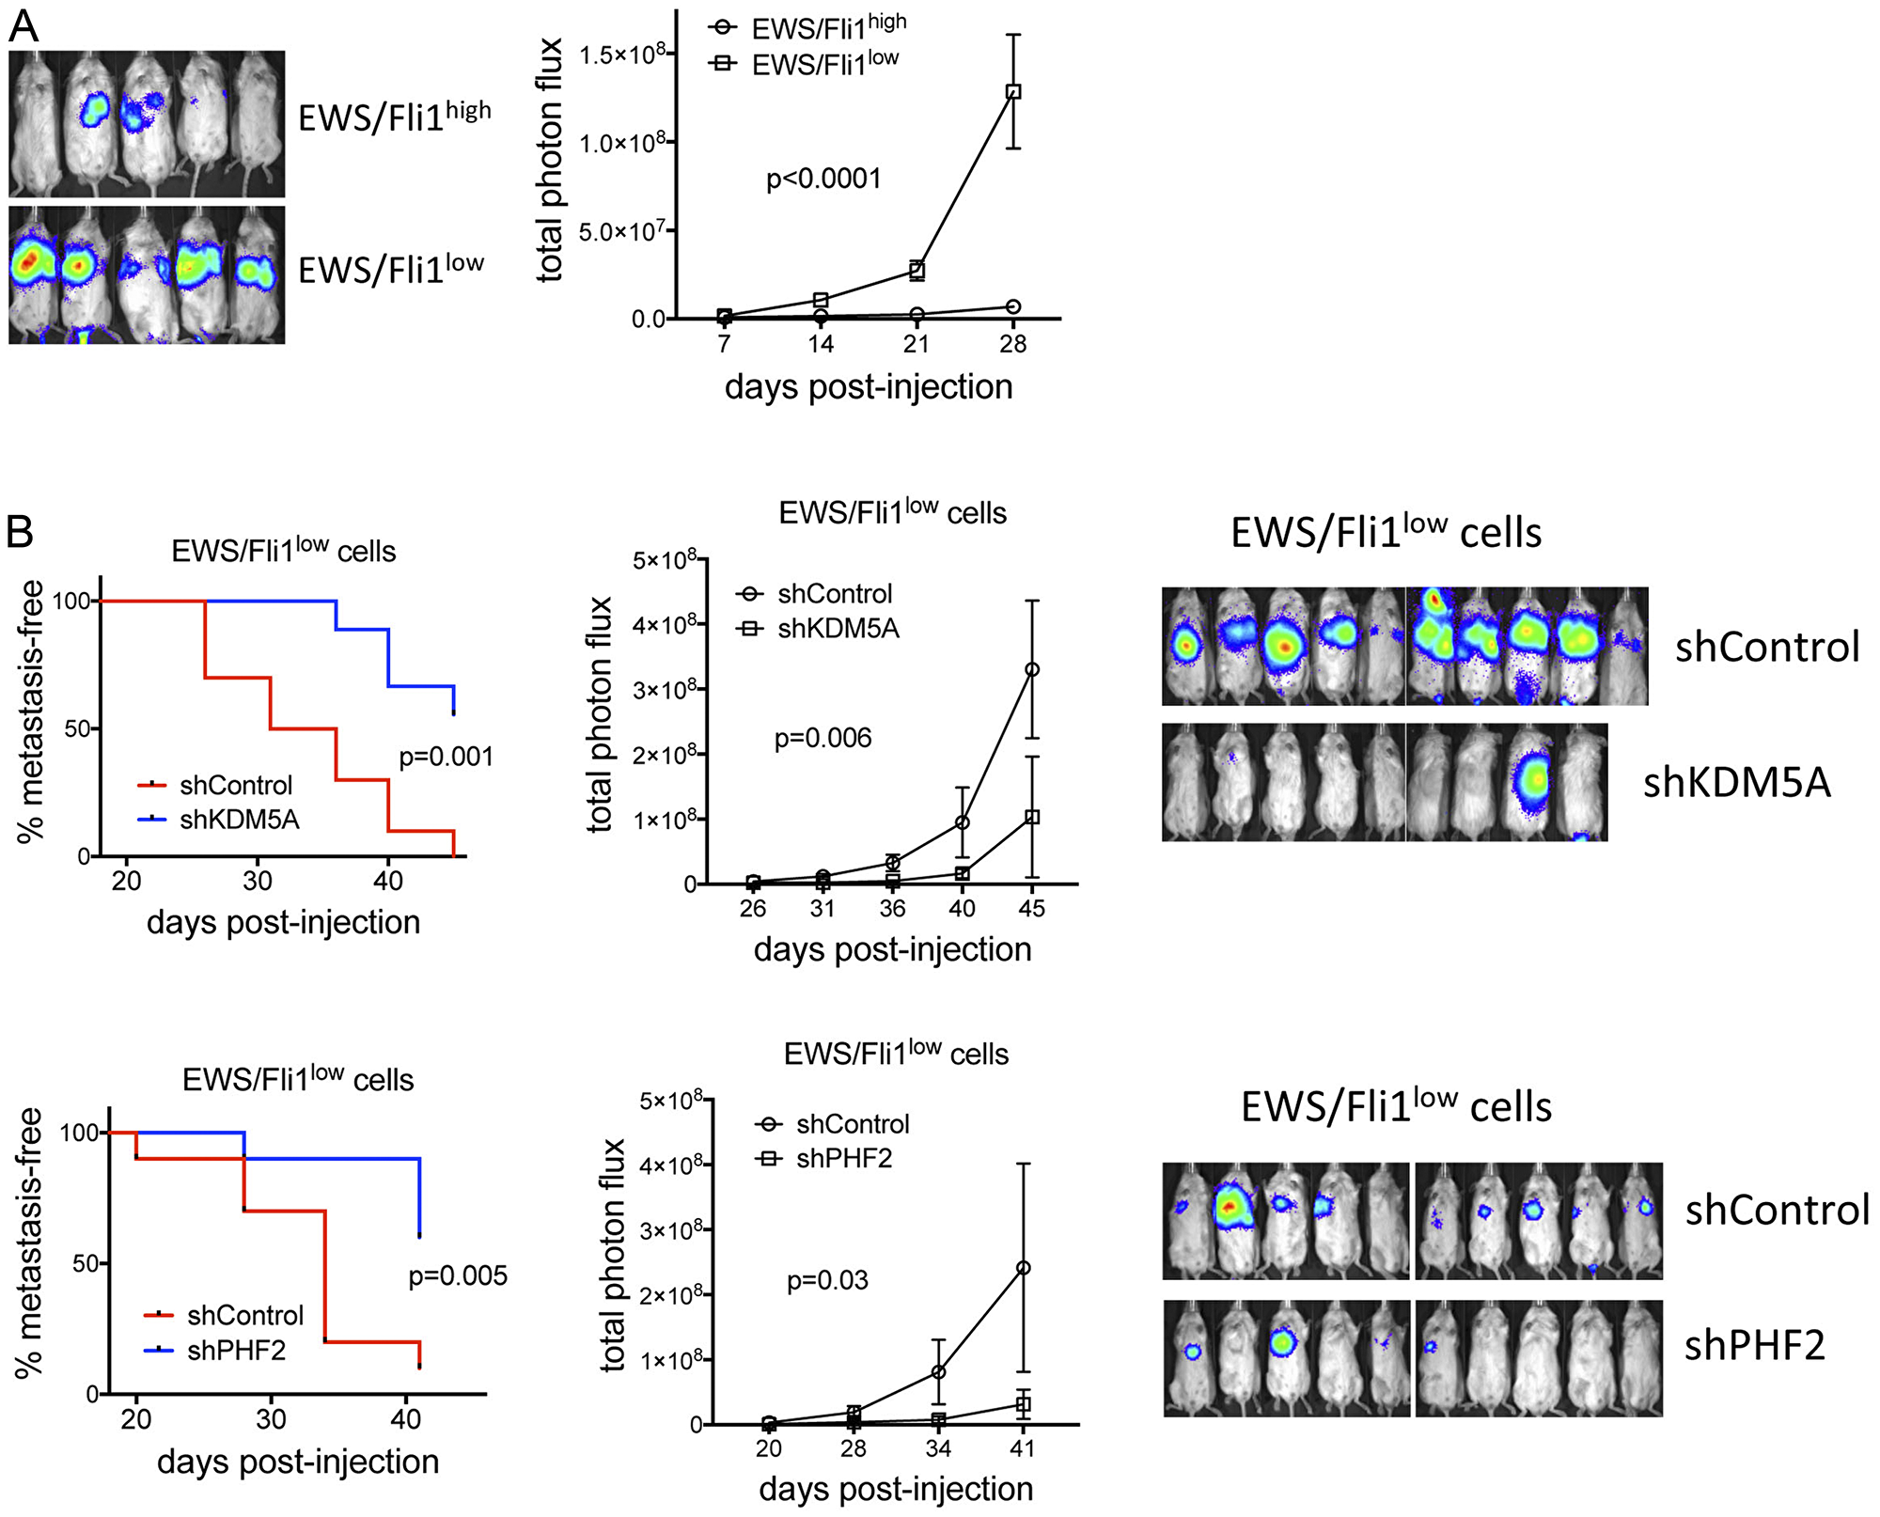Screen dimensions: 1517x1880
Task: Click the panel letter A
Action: pos(23,25)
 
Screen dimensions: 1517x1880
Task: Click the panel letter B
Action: pos(20,532)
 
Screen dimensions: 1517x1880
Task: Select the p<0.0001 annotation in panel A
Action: pos(823,179)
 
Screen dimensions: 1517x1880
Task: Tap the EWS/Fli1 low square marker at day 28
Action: pos(1013,92)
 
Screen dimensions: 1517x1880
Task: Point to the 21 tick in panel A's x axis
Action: pos(916,344)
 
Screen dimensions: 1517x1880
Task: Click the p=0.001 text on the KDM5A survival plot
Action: pos(446,757)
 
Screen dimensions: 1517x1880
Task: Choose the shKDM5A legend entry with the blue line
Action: pos(239,820)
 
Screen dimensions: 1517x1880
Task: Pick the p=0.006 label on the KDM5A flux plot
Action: pos(822,739)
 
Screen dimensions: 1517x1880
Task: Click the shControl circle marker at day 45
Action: pos(1032,670)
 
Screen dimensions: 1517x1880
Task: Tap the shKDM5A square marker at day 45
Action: pos(1032,817)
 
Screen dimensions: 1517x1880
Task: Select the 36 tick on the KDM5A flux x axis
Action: pos(892,908)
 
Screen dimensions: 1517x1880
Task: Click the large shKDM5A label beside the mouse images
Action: pos(1736,783)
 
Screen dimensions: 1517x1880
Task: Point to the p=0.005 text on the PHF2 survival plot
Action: pos(458,1275)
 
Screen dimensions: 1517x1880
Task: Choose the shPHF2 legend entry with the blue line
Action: pos(236,1351)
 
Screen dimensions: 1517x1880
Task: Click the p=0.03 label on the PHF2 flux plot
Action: pos(827,1280)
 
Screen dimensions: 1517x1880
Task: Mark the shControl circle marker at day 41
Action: pos(1023,1268)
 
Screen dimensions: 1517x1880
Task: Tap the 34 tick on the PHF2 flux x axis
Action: pos(938,1448)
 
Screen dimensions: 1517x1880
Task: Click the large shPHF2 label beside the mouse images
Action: pos(1754,1346)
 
